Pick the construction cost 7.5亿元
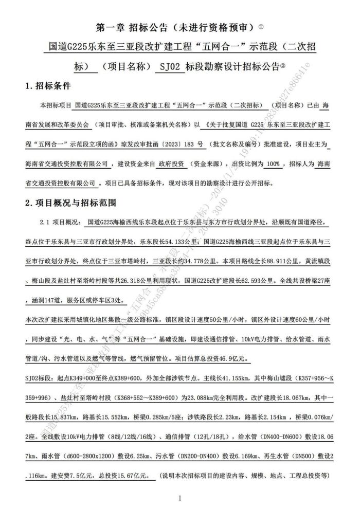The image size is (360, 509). pos(79,476)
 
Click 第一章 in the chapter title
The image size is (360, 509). pos(109,26)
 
